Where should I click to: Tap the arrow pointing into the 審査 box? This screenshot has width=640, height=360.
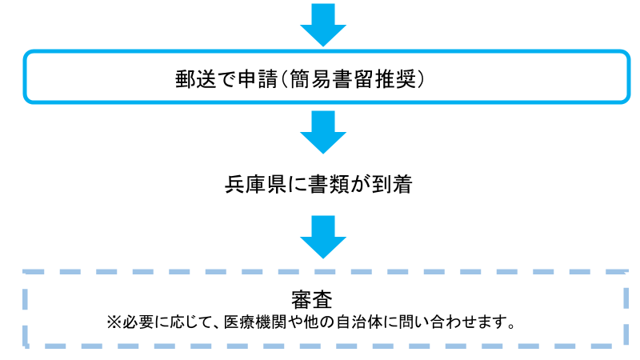[x=322, y=237]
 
